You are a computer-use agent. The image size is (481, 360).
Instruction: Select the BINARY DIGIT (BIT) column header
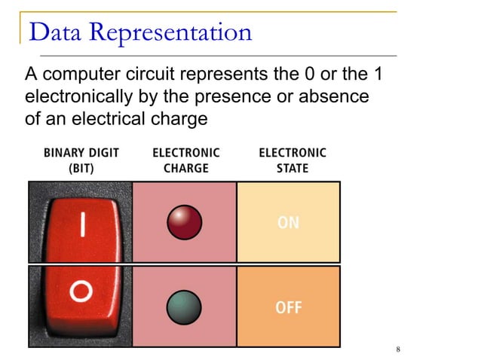coord(81,160)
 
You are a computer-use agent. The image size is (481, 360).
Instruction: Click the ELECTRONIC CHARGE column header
coord(185,160)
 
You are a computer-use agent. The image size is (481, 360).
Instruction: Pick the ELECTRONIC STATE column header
coord(293,160)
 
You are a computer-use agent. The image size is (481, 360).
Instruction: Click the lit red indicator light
coord(184,222)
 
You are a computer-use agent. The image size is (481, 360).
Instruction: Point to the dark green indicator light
coord(184,307)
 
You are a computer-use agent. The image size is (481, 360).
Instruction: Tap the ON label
coord(289,223)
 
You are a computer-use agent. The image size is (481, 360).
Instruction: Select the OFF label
coord(290,308)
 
